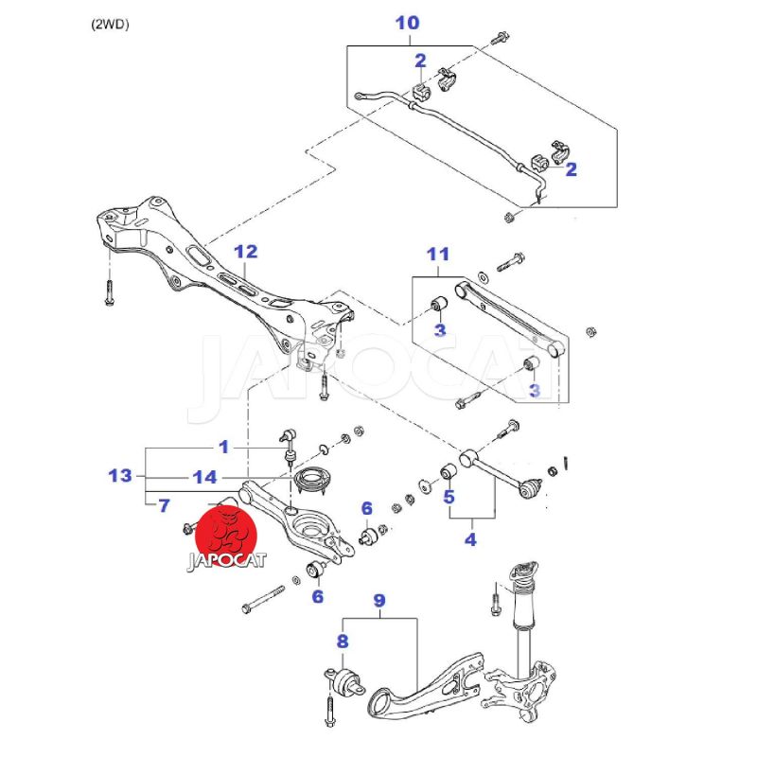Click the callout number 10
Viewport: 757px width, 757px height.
[407, 21]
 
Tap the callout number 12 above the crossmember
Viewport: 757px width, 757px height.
[245, 252]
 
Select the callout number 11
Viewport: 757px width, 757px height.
[437, 254]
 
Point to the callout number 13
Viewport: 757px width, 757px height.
[120, 475]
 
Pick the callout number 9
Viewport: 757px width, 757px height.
[379, 600]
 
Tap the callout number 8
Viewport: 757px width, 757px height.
[343, 642]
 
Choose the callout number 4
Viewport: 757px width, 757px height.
[470, 540]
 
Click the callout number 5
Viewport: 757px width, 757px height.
[449, 495]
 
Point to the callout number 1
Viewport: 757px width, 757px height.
[224, 446]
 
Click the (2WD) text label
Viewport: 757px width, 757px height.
[110, 25]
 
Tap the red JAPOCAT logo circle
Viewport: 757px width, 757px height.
[228, 533]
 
